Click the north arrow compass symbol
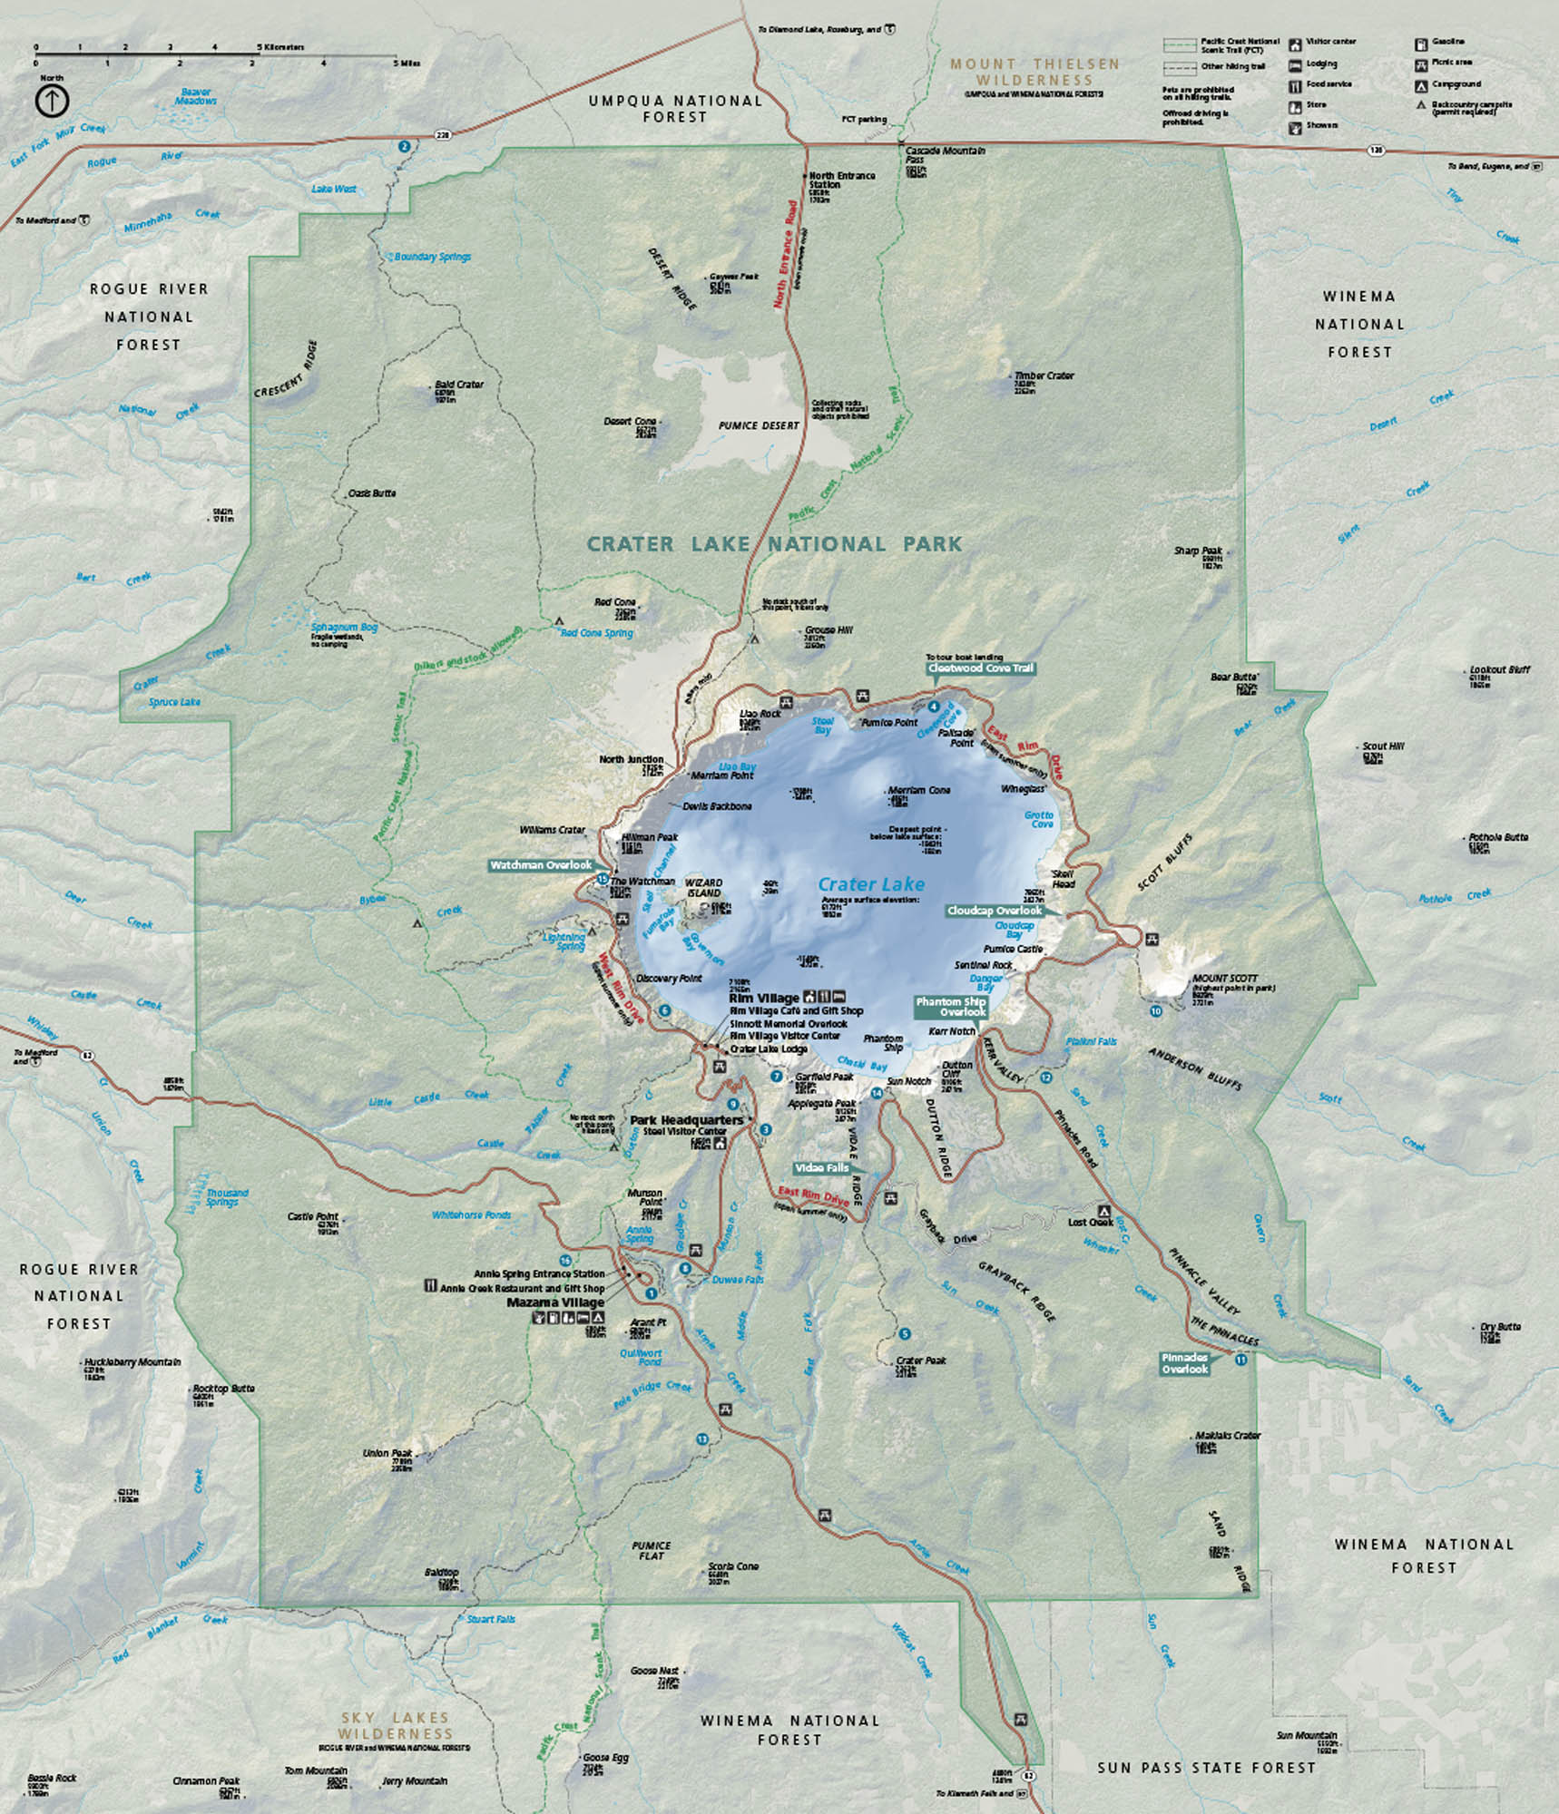tap(53, 101)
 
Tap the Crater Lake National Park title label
tap(773, 544)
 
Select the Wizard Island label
tap(703, 887)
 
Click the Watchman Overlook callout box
tap(541, 865)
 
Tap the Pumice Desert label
tap(759, 425)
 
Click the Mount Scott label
tap(1225, 979)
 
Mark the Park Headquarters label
tap(685, 1120)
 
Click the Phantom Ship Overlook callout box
tap(950, 1007)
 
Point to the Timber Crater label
tap(1044, 375)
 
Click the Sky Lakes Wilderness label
tap(396, 1725)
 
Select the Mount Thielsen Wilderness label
tap(1034, 72)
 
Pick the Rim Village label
tap(764, 998)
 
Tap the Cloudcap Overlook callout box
tap(994, 910)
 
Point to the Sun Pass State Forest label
tap(1206, 1767)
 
